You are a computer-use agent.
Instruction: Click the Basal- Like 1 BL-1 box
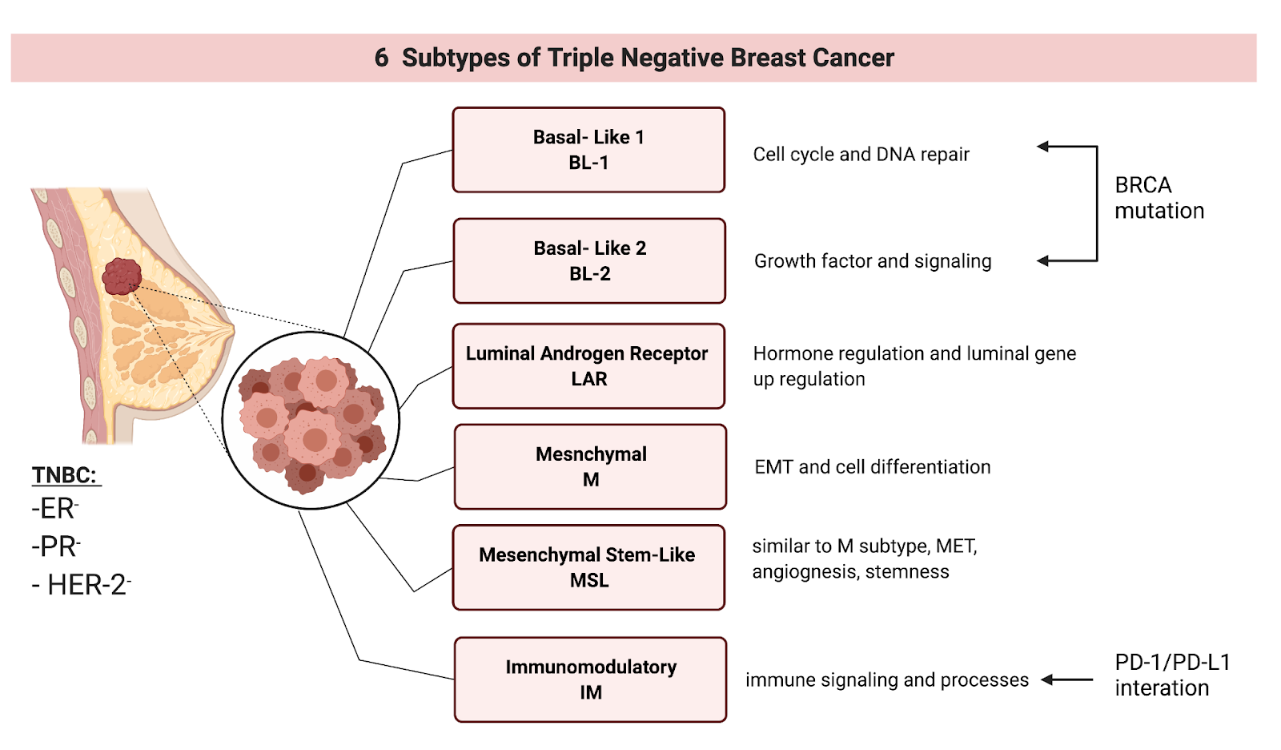(x=588, y=150)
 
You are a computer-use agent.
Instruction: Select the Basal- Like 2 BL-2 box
(x=589, y=260)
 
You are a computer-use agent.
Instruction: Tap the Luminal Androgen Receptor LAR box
(x=588, y=366)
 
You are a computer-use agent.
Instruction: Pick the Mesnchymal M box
(x=590, y=466)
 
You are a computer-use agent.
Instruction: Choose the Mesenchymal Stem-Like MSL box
(x=588, y=567)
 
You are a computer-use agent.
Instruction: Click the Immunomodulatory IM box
(x=590, y=679)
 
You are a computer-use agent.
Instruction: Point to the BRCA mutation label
(x=1159, y=198)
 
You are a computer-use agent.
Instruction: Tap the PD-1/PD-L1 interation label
(x=1172, y=675)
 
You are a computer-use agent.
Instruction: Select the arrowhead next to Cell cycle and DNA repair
(x=1042, y=147)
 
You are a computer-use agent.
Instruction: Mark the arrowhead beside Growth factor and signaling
(x=1042, y=261)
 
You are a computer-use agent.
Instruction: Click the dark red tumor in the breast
(x=122, y=276)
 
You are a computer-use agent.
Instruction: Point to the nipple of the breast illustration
(x=230, y=329)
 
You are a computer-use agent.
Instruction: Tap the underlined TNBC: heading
(x=65, y=475)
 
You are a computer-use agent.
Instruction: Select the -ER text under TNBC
(x=54, y=509)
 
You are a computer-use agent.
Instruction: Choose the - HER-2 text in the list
(x=81, y=585)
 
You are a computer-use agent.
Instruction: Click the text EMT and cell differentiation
(x=872, y=467)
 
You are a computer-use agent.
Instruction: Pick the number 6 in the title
(x=381, y=58)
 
